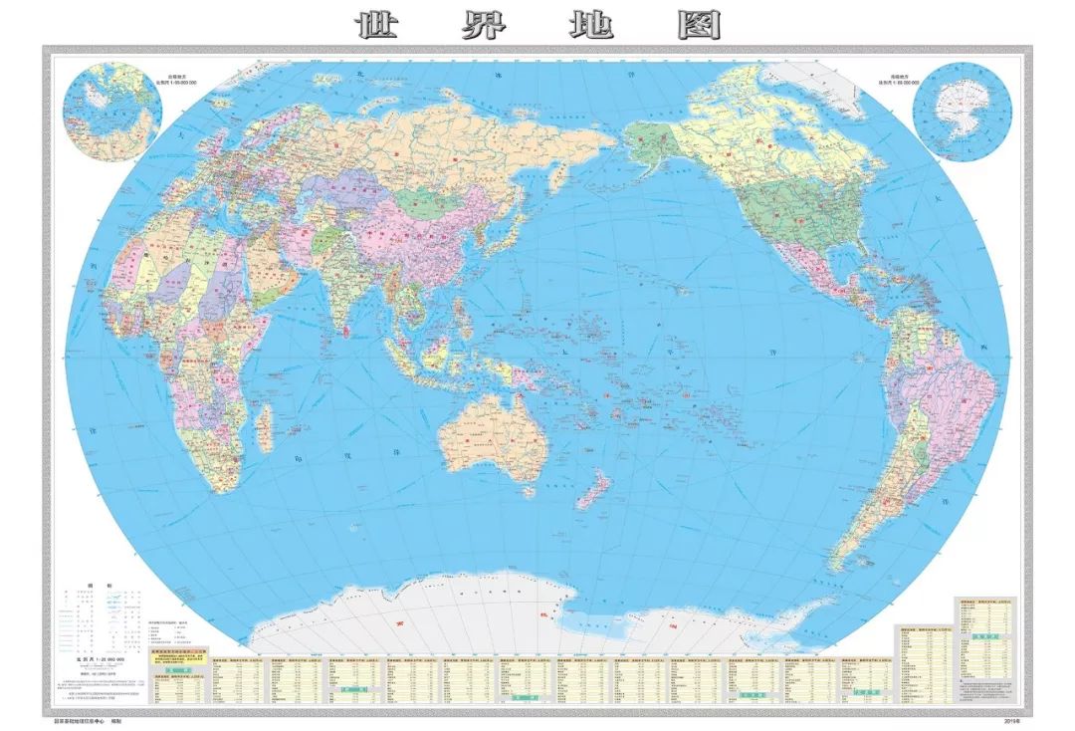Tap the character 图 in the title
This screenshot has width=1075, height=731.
pos(699,25)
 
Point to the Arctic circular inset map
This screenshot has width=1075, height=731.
pos(111,110)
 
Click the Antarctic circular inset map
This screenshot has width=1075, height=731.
pos(962,112)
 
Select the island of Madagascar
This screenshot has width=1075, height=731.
pos(264,425)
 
